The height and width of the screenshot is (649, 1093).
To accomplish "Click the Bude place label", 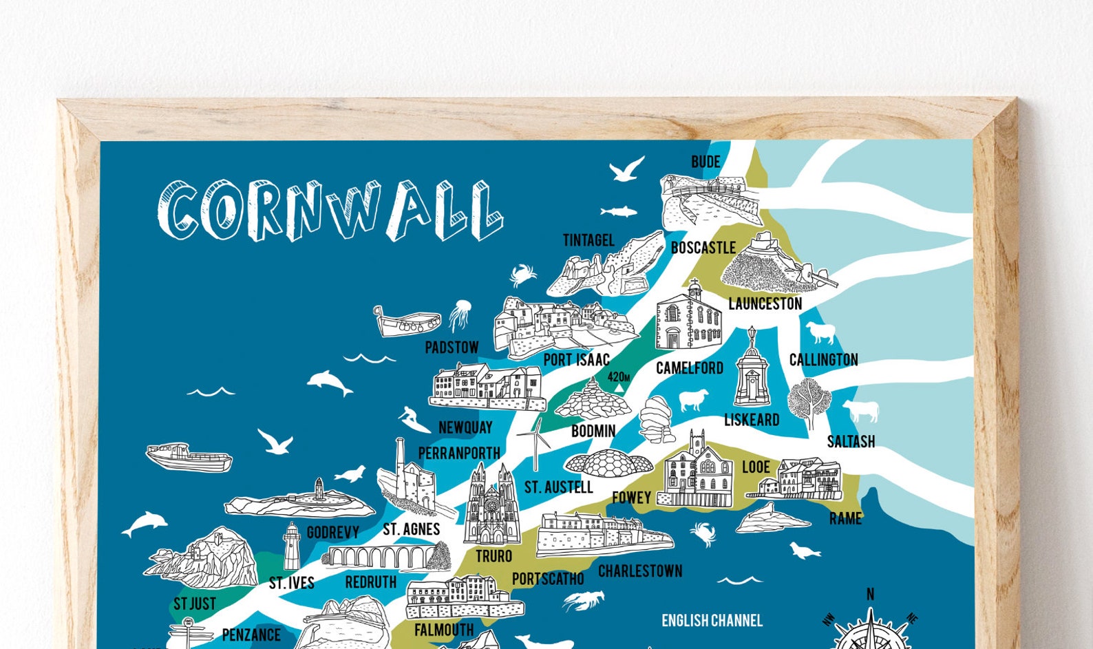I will coord(705,162).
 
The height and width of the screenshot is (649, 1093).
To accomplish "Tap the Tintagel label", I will coord(588,240).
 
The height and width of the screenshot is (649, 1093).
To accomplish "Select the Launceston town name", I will coord(765,304).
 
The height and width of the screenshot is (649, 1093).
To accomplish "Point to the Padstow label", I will coord(452,348).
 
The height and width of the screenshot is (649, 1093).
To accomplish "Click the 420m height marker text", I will coord(618,376).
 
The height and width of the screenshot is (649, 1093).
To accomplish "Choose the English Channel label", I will coord(712,621).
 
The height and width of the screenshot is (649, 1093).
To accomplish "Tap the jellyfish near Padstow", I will coord(460,315).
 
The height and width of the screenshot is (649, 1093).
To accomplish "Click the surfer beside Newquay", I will coord(414,418).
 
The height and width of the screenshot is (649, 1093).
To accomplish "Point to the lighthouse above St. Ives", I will coord(292,546).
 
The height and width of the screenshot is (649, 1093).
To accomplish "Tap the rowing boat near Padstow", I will coord(406,321).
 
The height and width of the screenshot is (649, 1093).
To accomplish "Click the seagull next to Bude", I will coord(626,169).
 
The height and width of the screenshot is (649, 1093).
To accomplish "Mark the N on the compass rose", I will coord(870,594).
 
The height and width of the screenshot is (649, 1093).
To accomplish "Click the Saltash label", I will coord(851,441).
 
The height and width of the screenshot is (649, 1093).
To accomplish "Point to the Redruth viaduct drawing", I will coord(381,556).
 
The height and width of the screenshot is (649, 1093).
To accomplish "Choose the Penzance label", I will coord(251,635).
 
